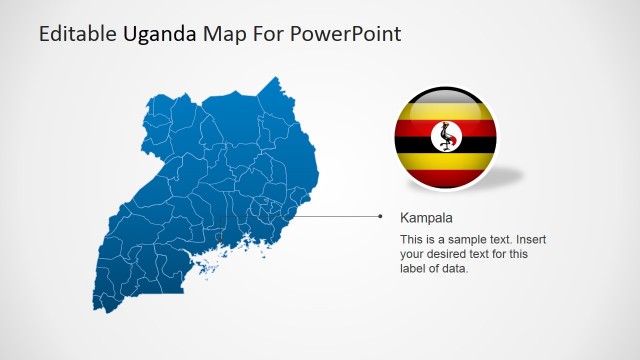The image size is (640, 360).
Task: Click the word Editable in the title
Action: [77, 34]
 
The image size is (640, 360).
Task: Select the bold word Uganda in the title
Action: [160, 34]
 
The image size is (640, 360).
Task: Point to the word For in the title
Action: [267, 34]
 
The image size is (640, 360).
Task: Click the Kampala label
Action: [426, 217]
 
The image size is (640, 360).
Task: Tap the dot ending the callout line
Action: [381, 216]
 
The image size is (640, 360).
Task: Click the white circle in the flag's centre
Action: [445, 137]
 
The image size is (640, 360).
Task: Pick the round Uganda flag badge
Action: [445, 138]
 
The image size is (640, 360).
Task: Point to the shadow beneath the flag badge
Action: [505, 178]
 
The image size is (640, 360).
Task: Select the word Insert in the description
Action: [529, 240]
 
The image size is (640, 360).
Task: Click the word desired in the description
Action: [450, 254]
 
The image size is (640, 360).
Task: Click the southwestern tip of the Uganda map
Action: [101, 305]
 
